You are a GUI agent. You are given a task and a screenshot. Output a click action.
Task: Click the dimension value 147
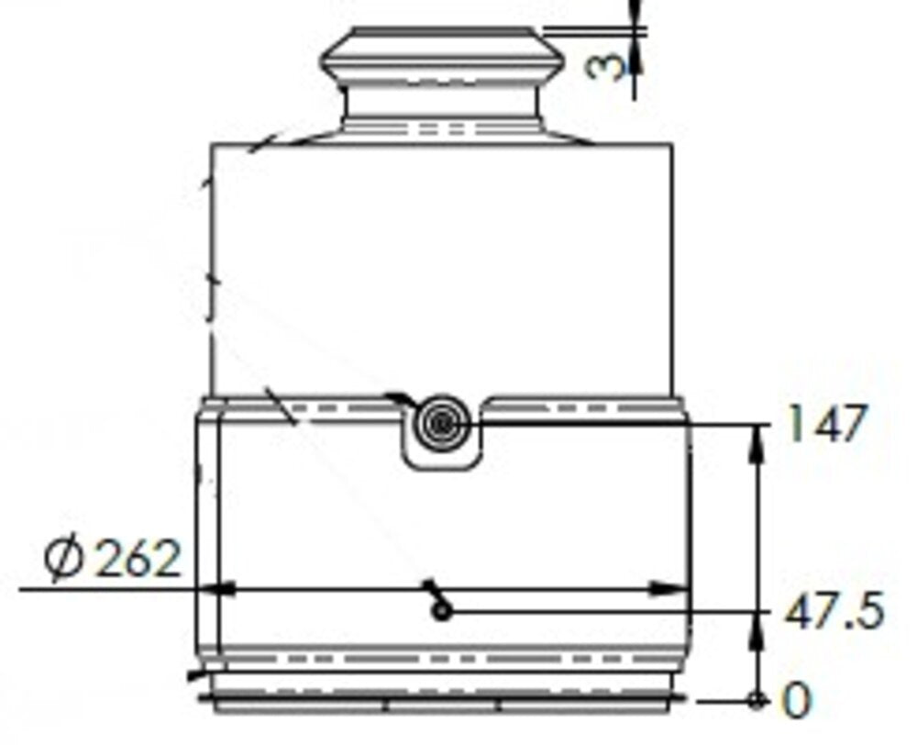826,426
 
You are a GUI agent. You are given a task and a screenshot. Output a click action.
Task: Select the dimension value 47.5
834,612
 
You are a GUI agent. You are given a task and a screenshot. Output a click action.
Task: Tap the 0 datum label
798,702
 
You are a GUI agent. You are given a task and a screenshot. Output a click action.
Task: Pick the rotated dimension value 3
604,65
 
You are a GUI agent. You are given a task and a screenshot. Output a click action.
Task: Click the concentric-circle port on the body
442,423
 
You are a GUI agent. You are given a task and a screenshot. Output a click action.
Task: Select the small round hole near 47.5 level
443,611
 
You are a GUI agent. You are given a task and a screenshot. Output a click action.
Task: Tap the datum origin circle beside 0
757,701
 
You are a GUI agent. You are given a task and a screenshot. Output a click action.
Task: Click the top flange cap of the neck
441,55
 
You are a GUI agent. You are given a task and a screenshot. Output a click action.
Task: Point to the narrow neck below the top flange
441,110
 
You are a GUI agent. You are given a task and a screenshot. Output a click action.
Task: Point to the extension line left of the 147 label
624,424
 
